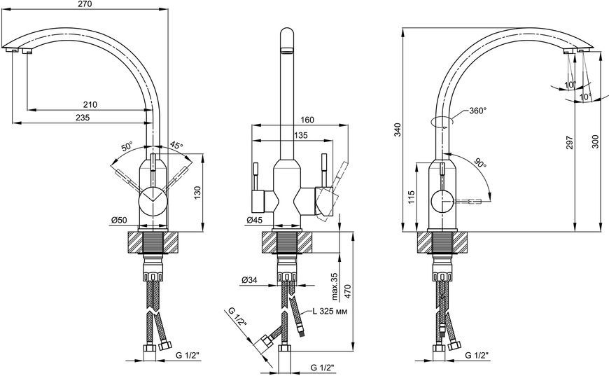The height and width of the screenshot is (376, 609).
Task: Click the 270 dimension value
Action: tap(85, 4)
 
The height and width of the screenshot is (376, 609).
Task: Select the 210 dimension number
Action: tap(90, 104)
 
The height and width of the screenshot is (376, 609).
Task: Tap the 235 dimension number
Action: tap(83, 118)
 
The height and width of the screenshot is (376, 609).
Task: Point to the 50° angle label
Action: tap(127, 147)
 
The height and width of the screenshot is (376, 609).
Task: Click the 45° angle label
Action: tap(176, 145)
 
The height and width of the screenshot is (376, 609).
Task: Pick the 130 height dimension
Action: tap(197, 193)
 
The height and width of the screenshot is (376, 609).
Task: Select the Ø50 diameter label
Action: tap(119, 221)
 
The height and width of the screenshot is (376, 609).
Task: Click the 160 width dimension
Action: tap(307, 120)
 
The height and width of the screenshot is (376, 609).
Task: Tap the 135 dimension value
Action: tap(300, 135)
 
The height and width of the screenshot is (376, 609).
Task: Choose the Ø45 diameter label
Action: tap(254, 221)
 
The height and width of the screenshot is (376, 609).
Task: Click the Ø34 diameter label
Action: tap(249, 279)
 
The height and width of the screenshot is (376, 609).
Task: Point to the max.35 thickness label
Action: tap(335, 286)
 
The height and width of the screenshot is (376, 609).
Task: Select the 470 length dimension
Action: tap(347, 291)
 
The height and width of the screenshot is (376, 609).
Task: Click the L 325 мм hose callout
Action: tap(330, 312)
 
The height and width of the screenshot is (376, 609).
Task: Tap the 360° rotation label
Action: tap(477, 111)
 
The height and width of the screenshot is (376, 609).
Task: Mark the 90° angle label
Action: tap(479, 163)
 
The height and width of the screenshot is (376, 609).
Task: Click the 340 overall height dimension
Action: tap(398, 130)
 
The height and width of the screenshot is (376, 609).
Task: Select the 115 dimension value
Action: tap(412, 197)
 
